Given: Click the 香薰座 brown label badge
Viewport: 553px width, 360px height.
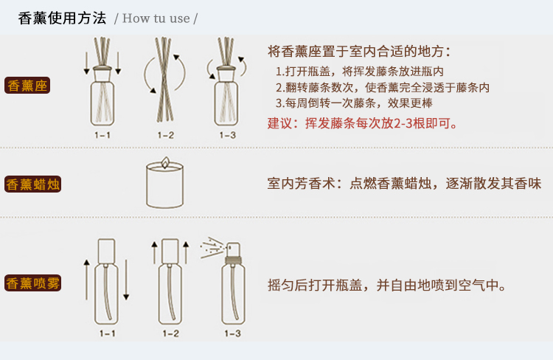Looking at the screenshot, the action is pos(27,86).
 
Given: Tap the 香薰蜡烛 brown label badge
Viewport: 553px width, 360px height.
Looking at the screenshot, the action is pos(32,184).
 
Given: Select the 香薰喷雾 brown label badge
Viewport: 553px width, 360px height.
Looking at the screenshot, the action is pos(32,283).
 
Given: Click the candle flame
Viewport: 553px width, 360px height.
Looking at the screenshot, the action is pos(164,162).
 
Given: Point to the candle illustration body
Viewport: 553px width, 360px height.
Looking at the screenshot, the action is pos(164,185).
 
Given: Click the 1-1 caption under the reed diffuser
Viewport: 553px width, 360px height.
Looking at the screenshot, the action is pos(102,135).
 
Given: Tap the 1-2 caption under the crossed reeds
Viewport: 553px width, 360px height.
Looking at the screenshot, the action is pos(165,135).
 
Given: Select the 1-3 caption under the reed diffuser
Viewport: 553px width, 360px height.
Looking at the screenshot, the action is pos(228,135).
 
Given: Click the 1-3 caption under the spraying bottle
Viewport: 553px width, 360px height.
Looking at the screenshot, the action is pos(232,333).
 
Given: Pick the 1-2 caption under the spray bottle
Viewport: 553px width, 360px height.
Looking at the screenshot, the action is pos(171,333).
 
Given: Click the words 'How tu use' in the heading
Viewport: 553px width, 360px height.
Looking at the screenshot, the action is pos(156,18).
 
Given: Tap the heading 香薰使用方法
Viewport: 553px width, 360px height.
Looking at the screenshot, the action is pos(62,18).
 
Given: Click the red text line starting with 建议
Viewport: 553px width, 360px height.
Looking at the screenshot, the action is pos(363,123).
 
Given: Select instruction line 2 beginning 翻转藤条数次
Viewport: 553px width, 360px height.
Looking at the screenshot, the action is pos(383,88).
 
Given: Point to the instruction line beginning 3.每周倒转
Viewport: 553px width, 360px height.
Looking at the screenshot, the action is pos(354,103).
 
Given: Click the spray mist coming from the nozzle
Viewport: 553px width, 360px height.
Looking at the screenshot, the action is pos(212,247).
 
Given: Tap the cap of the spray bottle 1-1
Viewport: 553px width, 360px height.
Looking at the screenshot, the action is pos(106,252).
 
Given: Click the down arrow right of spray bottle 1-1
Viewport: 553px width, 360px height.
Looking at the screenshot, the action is pos(126,280).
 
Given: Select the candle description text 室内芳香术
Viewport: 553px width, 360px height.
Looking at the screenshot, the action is pos(404,184).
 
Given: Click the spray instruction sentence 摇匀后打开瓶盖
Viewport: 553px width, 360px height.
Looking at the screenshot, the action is pos(387,285).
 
